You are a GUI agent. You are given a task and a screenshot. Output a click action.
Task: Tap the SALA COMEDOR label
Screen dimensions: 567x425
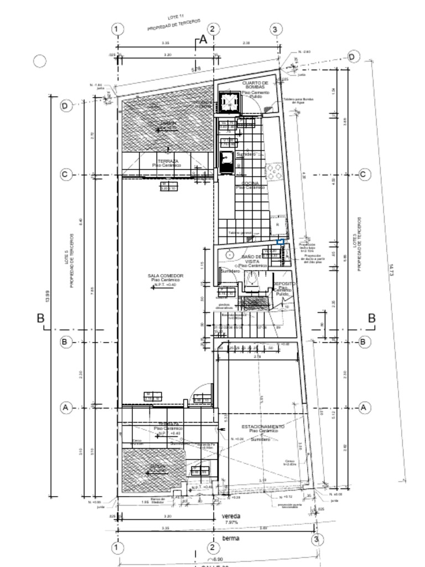[165, 276]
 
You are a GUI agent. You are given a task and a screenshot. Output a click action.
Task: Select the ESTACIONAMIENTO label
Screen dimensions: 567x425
[263, 427]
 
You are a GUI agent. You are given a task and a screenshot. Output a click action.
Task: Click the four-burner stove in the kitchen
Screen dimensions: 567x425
[274, 171]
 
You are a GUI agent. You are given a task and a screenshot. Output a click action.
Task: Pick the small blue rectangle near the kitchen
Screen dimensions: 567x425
[281, 241]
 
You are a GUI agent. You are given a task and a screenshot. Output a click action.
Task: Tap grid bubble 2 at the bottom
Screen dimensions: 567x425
[214, 548]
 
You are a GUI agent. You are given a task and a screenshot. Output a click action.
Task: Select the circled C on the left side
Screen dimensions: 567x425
[65, 174]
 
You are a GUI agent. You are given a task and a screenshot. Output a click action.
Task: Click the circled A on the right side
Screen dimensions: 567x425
[364, 408]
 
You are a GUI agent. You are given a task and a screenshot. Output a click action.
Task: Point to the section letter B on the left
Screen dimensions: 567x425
[40, 318]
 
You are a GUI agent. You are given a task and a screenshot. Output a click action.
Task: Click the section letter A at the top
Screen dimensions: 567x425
[203, 40]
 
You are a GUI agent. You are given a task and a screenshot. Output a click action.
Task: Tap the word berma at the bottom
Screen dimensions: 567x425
[231, 539]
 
